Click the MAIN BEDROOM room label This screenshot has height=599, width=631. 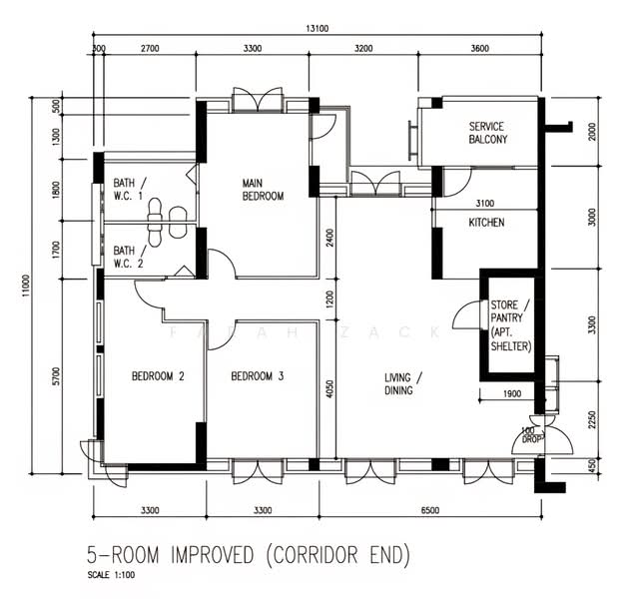point(263,190)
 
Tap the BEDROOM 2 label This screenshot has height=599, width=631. point(158,376)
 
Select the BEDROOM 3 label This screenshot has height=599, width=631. point(258,376)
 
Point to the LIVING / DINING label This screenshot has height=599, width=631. point(404,383)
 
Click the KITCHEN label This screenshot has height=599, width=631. point(486,223)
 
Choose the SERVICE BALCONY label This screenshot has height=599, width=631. point(487,133)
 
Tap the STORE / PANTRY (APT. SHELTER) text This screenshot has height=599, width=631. point(510,324)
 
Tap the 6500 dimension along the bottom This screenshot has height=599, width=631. point(429,510)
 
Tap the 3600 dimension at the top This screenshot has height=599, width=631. point(479,48)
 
